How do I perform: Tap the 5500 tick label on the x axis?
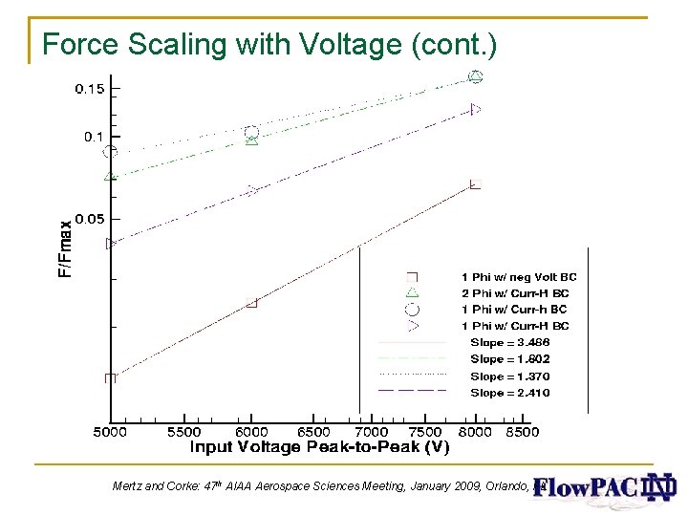coord(184,432)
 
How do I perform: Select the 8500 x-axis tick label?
coord(521,432)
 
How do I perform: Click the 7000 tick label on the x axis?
coord(373,432)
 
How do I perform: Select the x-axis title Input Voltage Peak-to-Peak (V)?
coord(320,447)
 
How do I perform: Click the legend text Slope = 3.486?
coord(510,342)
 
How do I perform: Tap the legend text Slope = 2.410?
coord(510,393)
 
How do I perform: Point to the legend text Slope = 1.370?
coord(510,376)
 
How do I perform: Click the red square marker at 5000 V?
coord(111,377)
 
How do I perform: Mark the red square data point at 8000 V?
coord(475,183)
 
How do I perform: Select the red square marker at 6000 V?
coord(252,303)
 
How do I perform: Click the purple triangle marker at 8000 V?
coord(476,110)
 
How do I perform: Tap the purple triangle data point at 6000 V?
coord(252,190)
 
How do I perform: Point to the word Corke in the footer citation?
coord(177,486)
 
